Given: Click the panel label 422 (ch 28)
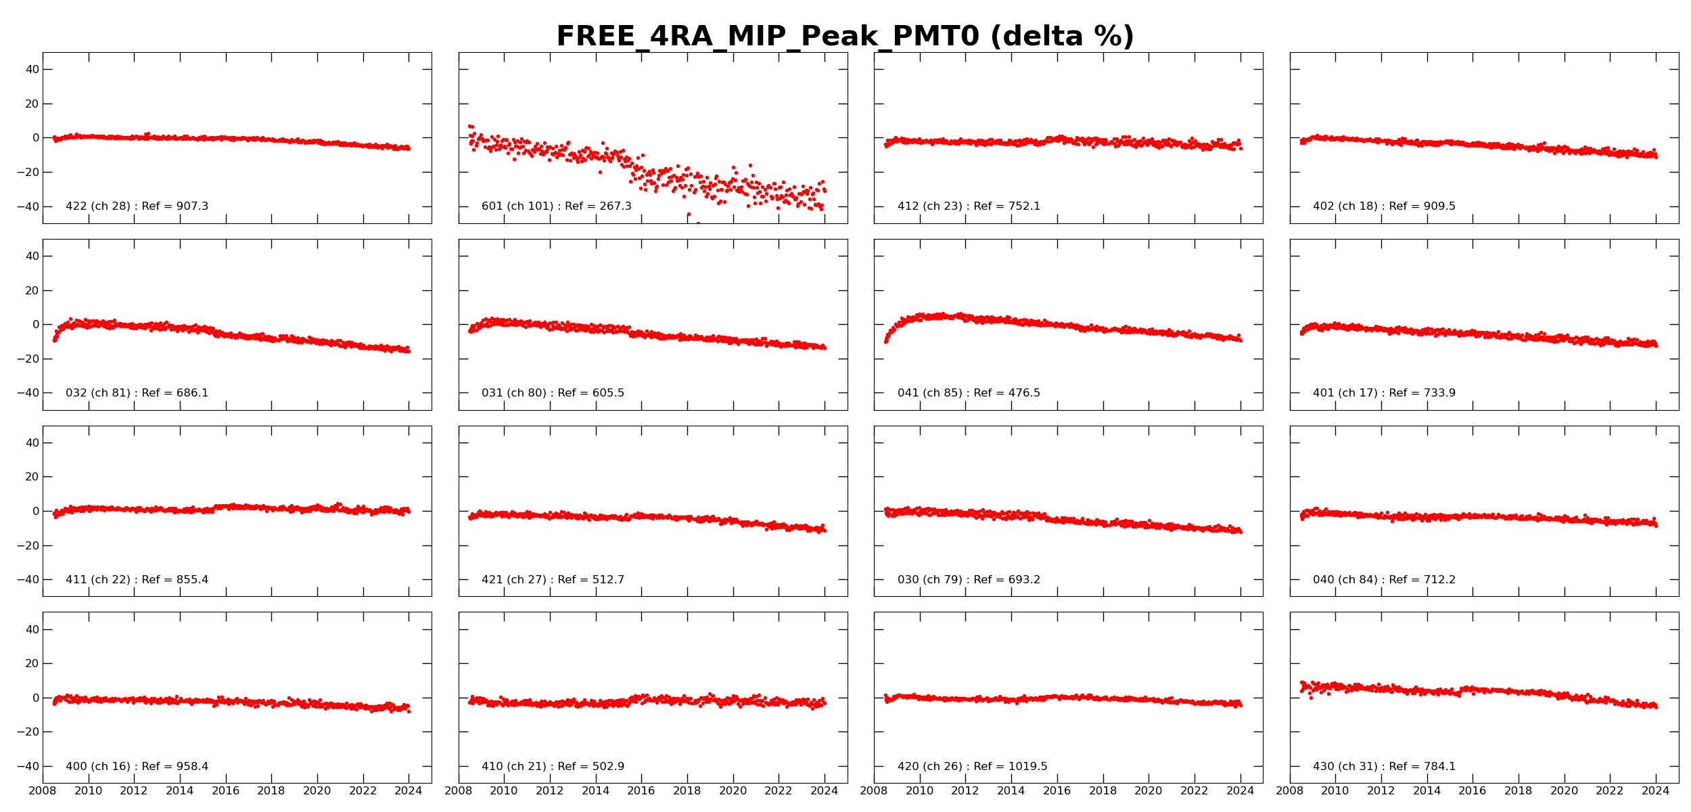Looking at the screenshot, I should [x=137, y=206].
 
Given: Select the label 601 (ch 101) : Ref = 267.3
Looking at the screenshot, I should [x=556, y=206].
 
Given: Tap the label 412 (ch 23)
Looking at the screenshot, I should [x=969, y=206].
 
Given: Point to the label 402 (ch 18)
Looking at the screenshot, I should [x=1384, y=206].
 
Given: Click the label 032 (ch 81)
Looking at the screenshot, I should [x=137, y=393].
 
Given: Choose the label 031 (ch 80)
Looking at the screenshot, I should [x=553, y=393].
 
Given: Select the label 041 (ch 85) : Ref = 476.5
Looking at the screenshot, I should [x=969, y=393].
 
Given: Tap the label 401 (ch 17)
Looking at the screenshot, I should [x=1384, y=393].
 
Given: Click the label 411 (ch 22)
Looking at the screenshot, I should [x=137, y=580].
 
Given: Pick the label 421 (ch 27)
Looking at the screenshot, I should [x=553, y=580].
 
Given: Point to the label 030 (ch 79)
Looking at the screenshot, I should [x=969, y=580].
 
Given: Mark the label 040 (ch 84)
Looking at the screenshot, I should [x=1384, y=580].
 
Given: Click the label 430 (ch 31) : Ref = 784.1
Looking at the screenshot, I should [x=1384, y=767].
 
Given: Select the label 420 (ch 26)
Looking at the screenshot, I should [x=972, y=767].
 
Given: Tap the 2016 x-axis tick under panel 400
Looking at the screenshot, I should [x=225, y=791].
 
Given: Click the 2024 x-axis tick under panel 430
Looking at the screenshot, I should [x=1655, y=791].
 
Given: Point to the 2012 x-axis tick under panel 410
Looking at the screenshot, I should [x=549, y=791].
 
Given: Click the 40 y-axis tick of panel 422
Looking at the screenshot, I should [x=32, y=70].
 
